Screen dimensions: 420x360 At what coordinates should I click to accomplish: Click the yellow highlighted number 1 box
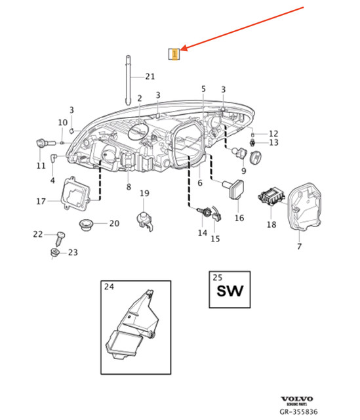coord(174,54)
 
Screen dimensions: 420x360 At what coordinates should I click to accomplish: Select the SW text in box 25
coord(230,290)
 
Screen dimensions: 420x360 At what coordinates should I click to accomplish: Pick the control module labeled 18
coord(271,196)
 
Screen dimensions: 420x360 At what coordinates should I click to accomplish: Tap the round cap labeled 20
coord(85,225)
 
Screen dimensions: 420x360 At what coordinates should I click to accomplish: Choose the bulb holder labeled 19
coord(145,219)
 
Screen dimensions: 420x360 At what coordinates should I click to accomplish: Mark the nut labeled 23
coord(55,253)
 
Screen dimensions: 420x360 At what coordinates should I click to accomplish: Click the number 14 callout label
coord(202,233)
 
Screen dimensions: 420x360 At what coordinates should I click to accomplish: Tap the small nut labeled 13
coord(254,142)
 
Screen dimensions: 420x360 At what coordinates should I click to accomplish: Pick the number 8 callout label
coord(129,188)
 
